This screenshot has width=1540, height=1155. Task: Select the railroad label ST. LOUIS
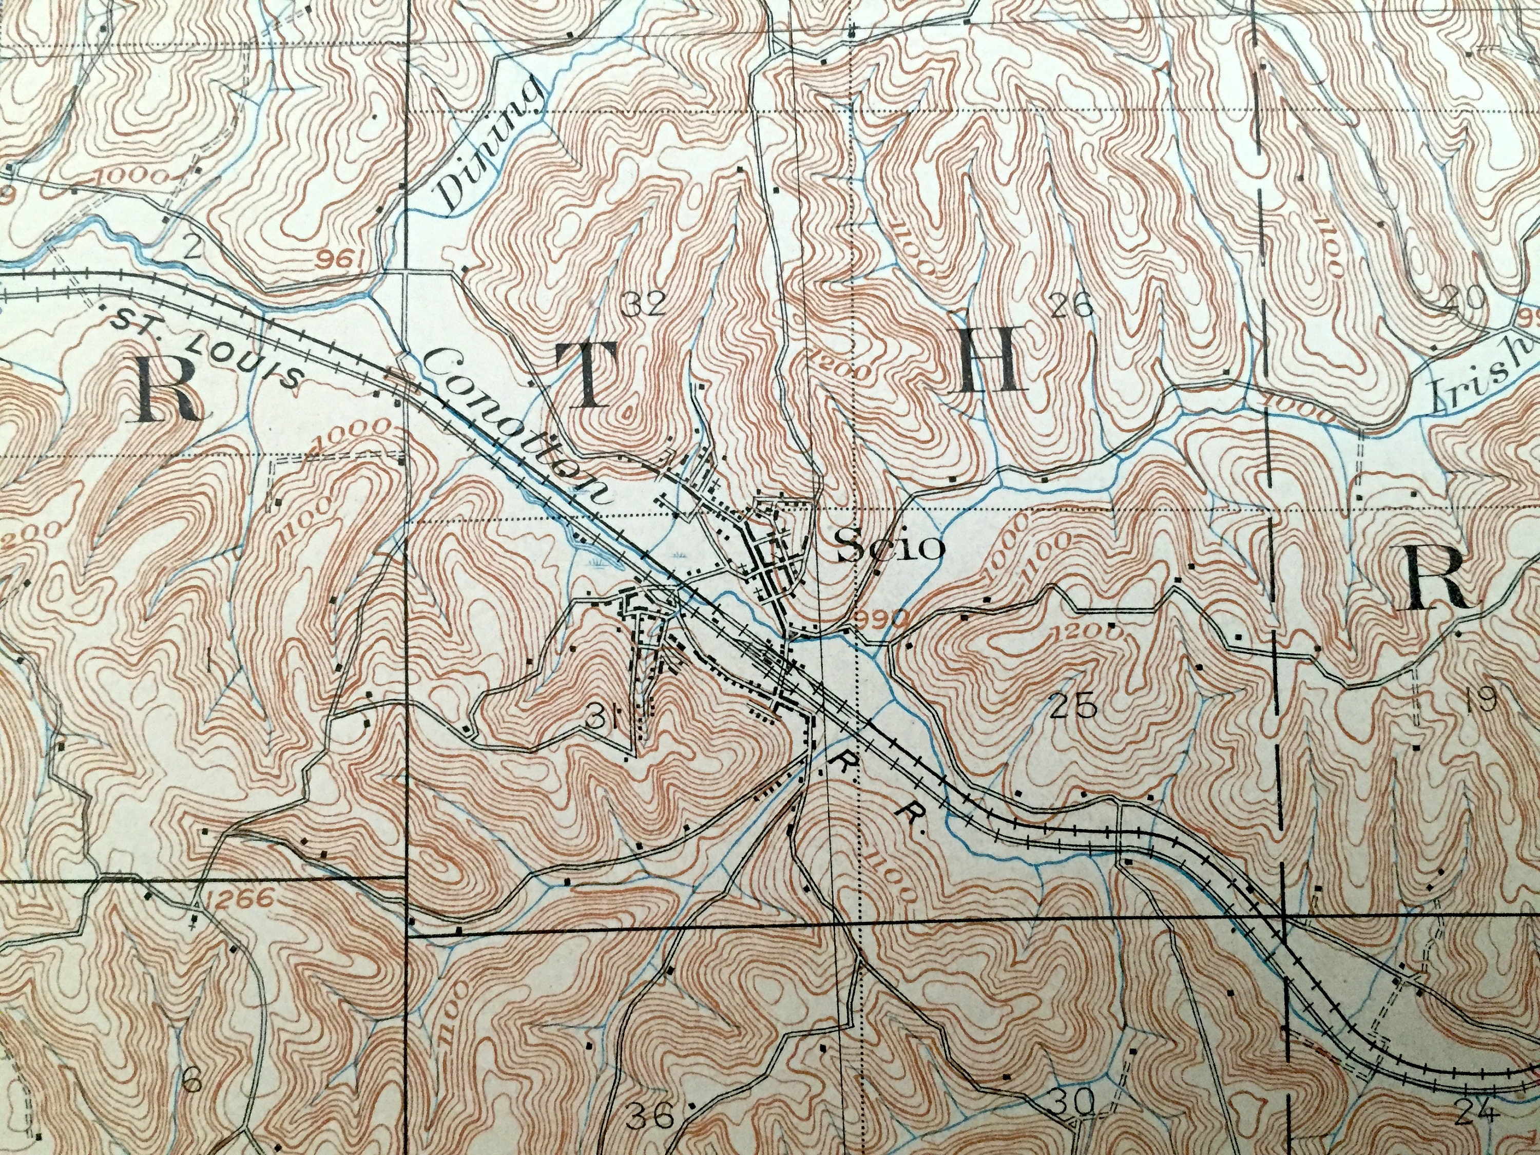(x=207, y=345)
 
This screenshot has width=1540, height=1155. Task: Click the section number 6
(x=192, y=1064)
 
